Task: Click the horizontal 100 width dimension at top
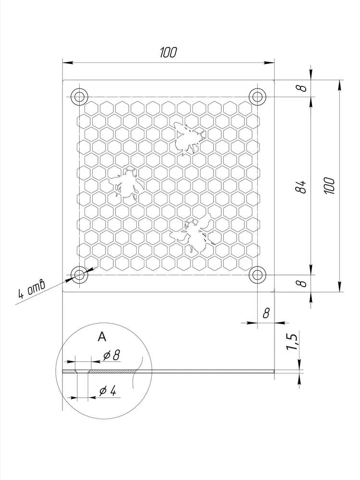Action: [168, 53]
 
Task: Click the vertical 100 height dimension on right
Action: [330, 185]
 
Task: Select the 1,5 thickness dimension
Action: [291, 342]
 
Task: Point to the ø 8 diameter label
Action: [111, 355]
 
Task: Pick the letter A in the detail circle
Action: [102, 337]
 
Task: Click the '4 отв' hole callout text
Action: [31, 288]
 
